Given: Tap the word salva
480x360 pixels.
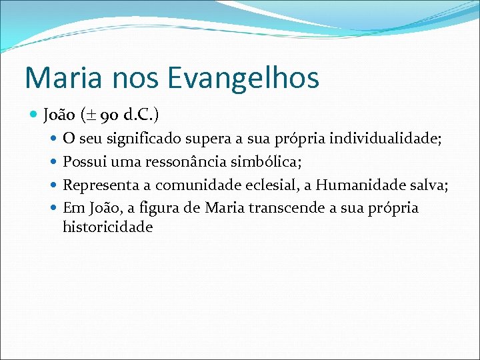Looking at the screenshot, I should [427, 185].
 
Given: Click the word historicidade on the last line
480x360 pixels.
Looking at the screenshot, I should [107, 227].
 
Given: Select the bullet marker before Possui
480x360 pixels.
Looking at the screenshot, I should [55, 162].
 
